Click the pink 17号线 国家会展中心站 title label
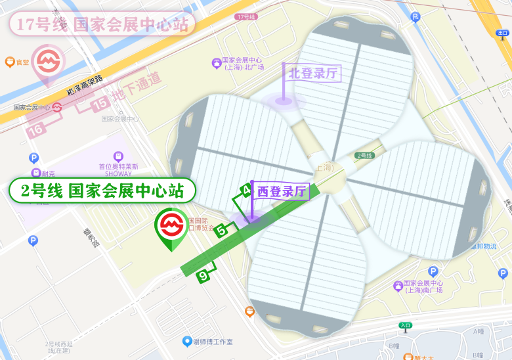pyautogui.click(x=102, y=25)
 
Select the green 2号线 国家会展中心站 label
pyautogui.click(x=102, y=191)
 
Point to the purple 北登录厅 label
pyautogui.click(x=314, y=72)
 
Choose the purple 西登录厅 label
pyautogui.click(x=282, y=191)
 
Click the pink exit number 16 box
pyautogui.click(x=36, y=129)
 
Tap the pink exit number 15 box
pyautogui.click(x=100, y=103)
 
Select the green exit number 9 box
pyautogui.click(x=203, y=276)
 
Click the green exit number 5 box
pyautogui.click(x=222, y=230)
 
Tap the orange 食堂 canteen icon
pyautogui.click(x=10, y=62)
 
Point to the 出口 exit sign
pyautogui.click(x=502, y=33)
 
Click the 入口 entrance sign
pyautogui.click(x=405, y=325)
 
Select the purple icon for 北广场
pyautogui.click(x=216, y=63)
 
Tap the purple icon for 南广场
pyautogui.click(x=398, y=286)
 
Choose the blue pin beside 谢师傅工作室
pyautogui.click(x=187, y=342)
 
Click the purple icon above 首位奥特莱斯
pyautogui.click(x=118, y=156)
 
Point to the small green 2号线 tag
pyautogui.click(x=364, y=155)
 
